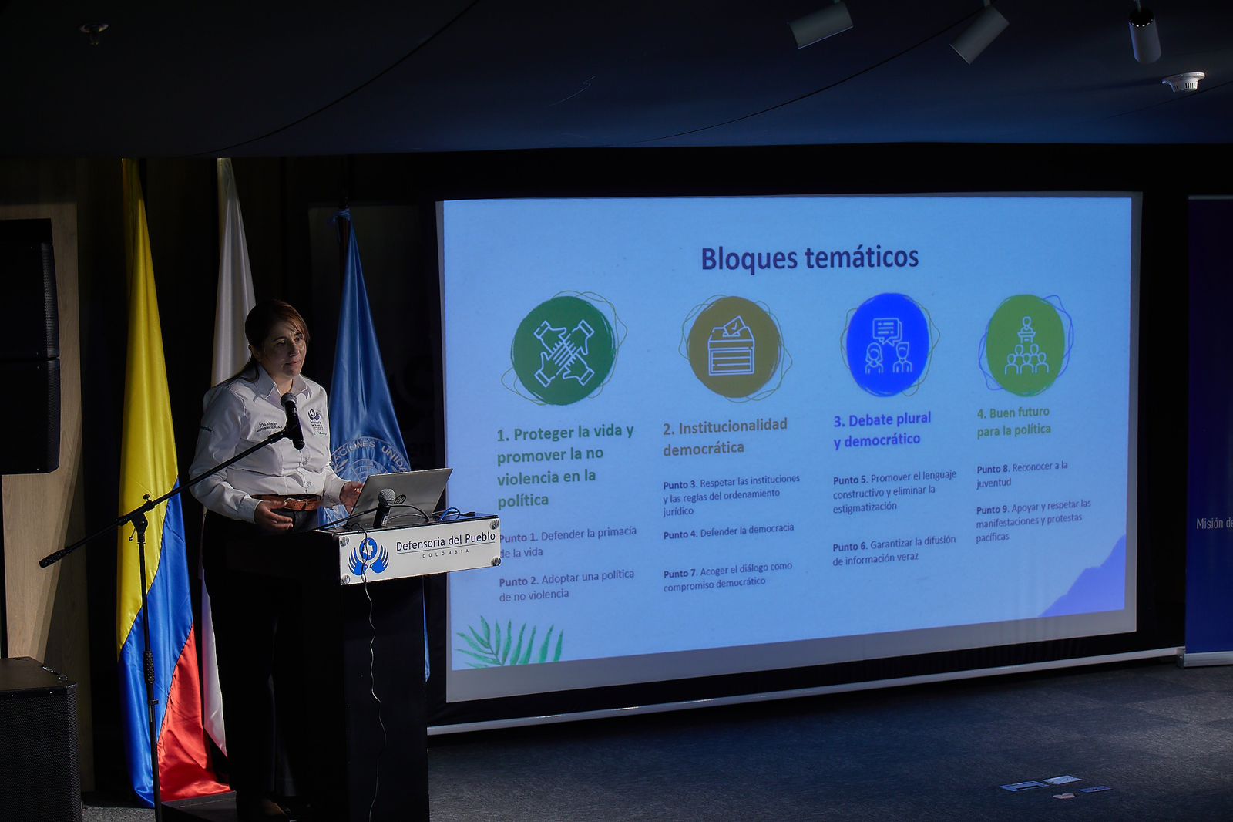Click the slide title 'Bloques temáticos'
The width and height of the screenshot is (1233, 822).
pos(809,258)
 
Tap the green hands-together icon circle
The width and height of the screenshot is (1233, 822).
pos(563,350)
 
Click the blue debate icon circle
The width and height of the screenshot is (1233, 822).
pos(887,344)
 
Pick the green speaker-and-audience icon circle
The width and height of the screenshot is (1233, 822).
pos(1025,345)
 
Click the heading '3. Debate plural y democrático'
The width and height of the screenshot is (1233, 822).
pos(882,430)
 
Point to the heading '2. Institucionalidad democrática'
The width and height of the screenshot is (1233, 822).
pos(724,436)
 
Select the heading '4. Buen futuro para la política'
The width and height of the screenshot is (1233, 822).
pos(1013,421)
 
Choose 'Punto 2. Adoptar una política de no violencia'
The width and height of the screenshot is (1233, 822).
pos(566,585)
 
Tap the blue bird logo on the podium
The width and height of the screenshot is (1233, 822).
pos(368,557)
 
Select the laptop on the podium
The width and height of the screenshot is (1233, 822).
pos(405,494)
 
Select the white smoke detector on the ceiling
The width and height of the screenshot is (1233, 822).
pos(1183,82)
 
